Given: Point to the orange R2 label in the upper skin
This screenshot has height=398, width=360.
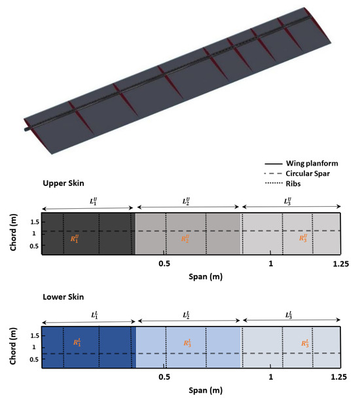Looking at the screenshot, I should point(188,238).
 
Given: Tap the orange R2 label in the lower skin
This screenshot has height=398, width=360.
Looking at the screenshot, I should point(188,342).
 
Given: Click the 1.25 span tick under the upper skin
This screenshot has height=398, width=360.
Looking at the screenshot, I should point(339,263).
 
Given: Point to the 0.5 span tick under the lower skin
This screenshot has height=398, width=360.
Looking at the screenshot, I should point(165,378).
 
